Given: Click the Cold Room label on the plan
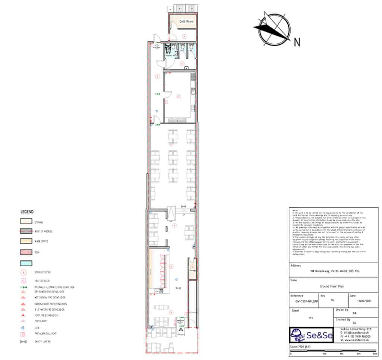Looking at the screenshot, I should pyautogui.click(x=187, y=22).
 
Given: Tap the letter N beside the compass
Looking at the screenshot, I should pyautogui.click(x=297, y=42).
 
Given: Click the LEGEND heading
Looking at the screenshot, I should pyautogui.click(x=27, y=212).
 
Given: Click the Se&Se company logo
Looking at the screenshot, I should pyautogui.click(x=311, y=335).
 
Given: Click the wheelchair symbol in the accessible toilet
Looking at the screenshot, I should pyautogui.click(x=169, y=48).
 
